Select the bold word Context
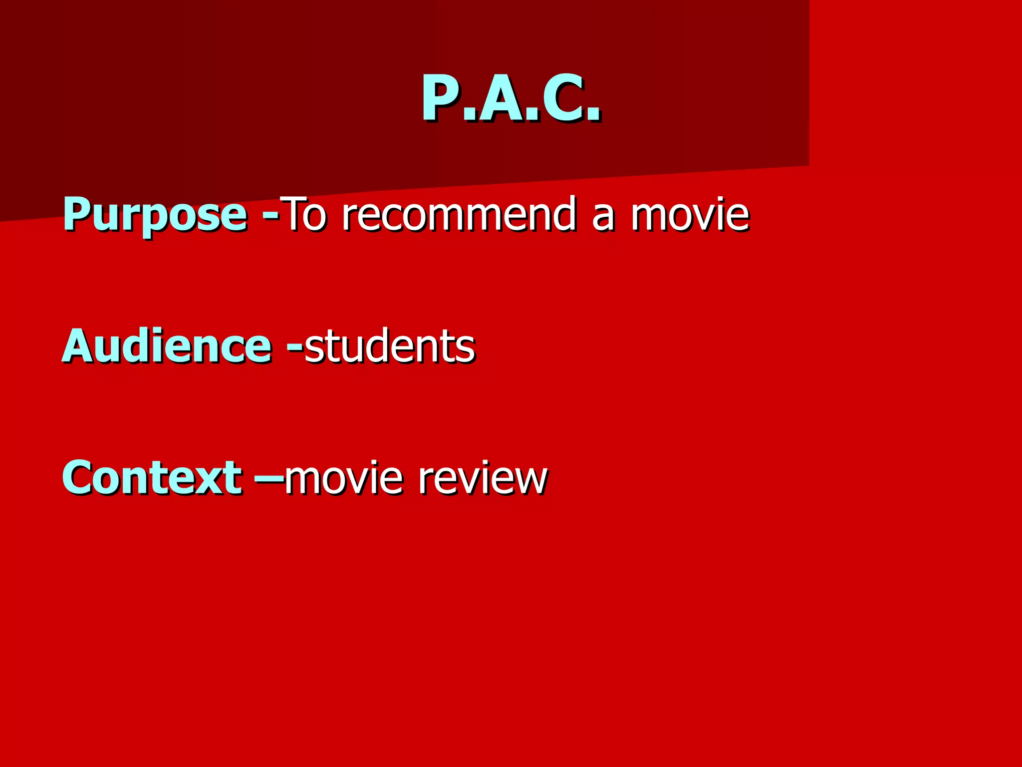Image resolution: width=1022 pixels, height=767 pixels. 152,477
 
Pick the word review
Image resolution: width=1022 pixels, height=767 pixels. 483,477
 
